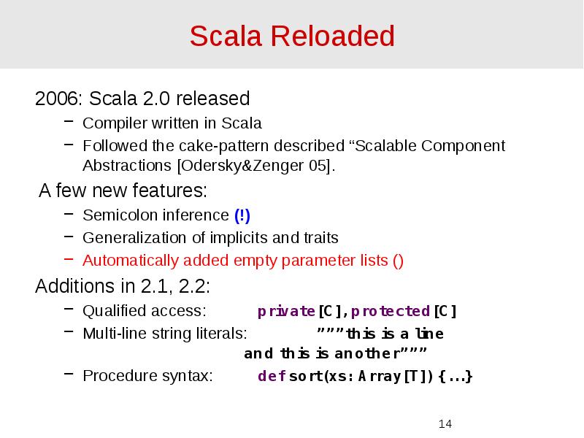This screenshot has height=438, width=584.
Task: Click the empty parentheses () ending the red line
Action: coord(398,260)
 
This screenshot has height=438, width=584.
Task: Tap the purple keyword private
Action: coord(286,311)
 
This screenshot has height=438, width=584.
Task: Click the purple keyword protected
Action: coord(390,311)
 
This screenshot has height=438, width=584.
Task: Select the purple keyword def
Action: coord(271,377)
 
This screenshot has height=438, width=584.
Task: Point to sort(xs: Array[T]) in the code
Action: coord(361,377)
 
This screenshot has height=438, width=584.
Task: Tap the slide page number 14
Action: coord(445,424)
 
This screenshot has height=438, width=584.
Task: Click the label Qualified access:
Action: coord(144,311)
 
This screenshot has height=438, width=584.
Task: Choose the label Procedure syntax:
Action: coord(147,377)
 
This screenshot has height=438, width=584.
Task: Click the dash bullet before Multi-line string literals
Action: coord(69,334)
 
